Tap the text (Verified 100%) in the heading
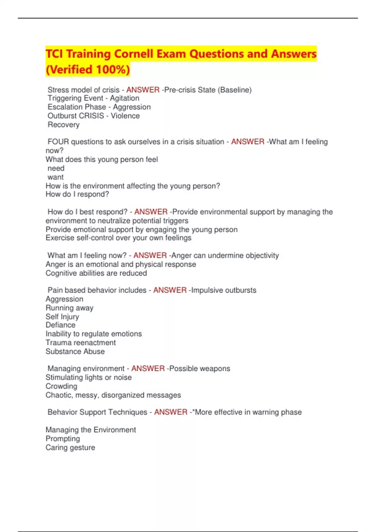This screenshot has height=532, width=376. pyautogui.click(x=88, y=69)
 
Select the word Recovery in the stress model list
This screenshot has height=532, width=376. pyautogui.click(x=63, y=125)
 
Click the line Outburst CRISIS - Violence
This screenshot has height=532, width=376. pyautogui.click(x=93, y=116)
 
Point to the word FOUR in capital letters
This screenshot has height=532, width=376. pyautogui.click(x=58, y=142)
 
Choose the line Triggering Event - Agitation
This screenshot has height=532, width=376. pyautogui.click(x=93, y=98)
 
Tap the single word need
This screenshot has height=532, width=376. pyautogui.click(x=56, y=168)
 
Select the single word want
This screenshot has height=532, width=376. pyautogui.click(x=55, y=177)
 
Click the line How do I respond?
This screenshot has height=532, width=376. pyautogui.click(x=77, y=194)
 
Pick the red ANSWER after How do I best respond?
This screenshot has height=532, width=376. pyautogui.click(x=151, y=212)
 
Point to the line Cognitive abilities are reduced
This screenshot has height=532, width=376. pyautogui.click(x=96, y=273)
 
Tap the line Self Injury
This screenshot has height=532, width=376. pyautogui.click(x=62, y=317)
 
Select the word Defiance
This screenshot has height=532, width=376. pyautogui.click(x=60, y=325)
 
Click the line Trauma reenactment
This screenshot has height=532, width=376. pyautogui.click(x=81, y=343)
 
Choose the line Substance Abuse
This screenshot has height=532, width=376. pyautogui.click(x=75, y=351)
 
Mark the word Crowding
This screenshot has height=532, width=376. pyautogui.click(x=61, y=386)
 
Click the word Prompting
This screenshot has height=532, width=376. pyautogui.click(x=63, y=439)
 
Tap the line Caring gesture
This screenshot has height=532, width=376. pyautogui.click(x=70, y=448)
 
